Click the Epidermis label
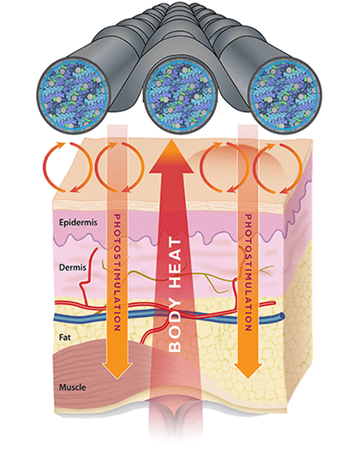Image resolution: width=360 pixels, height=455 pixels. tap(78, 223)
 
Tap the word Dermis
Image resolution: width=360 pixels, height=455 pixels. tap(72, 267)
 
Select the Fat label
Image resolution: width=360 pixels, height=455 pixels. tap(65, 338)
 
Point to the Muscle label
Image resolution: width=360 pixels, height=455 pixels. tap(72, 387)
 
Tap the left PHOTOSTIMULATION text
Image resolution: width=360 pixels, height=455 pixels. tap(117, 272)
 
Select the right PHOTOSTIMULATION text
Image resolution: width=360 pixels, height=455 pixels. tap(248, 272)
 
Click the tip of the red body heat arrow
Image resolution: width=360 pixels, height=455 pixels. tap(171, 140)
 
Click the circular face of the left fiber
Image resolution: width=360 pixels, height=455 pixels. tap(73, 94)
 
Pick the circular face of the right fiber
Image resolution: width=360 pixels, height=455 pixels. tap(285, 95)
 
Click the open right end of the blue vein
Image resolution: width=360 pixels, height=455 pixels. tap(282, 316)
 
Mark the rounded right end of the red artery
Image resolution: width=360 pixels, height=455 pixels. tap(273, 303)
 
